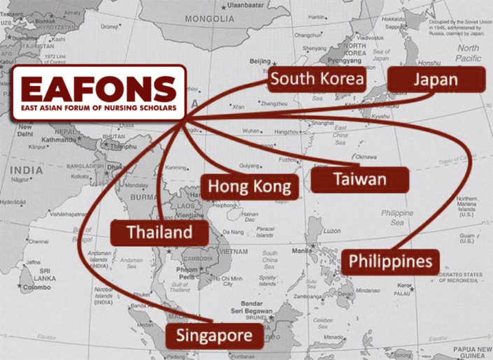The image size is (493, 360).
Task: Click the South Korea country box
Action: [317, 78]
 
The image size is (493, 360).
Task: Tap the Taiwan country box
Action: [359, 180]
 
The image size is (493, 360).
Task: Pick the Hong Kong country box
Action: [250, 186]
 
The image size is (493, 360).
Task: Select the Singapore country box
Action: [214, 336]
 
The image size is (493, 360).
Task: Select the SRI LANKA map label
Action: [28, 273]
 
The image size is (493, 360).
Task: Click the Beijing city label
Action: [259, 61]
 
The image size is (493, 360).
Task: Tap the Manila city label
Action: [302, 251]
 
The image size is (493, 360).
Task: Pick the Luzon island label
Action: [332, 231]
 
